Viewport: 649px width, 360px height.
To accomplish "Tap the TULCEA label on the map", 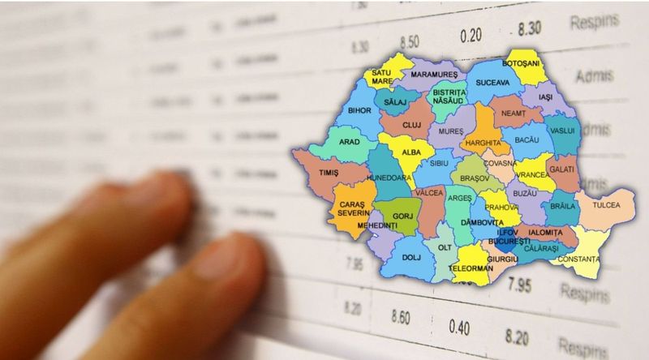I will tap(605, 205).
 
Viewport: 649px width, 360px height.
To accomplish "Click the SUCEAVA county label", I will tap(492, 83).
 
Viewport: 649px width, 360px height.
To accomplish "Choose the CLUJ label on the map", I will tap(413, 126).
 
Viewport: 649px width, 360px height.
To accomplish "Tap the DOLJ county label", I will tap(412, 258).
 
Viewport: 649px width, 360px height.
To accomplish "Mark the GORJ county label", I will tap(403, 216).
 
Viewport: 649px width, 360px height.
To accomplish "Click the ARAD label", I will tap(350, 141).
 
